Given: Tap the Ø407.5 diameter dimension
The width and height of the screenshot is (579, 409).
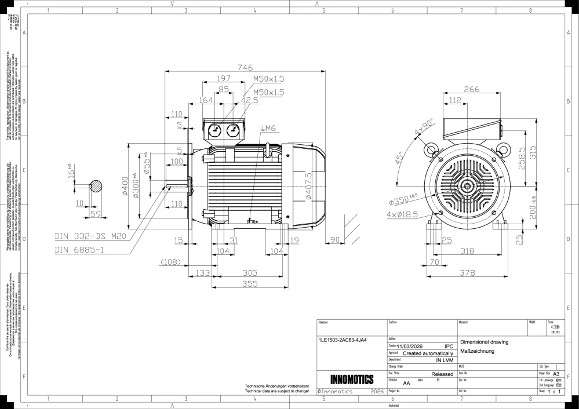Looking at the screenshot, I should pyautogui.click(x=309, y=185).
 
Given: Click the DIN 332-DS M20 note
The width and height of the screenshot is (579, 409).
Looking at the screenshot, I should pyautogui.click(x=91, y=236).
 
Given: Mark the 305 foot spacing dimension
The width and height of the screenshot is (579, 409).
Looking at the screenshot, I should pyautogui.click(x=250, y=273).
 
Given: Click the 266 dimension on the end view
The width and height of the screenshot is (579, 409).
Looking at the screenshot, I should pyautogui.click(x=471, y=89).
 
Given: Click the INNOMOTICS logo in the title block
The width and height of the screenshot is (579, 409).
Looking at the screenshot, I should pyautogui.click(x=351, y=380).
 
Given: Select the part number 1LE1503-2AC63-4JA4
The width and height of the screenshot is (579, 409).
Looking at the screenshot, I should pyautogui.click(x=343, y=340).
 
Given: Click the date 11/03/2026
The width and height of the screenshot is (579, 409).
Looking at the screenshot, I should pyautogui.click(x=413, y=346).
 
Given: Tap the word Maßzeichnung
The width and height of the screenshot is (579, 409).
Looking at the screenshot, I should pyautogui.click(x=476, y=351).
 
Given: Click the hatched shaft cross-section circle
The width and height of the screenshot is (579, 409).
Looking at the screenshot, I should pyautogui.click(x=96, y=187).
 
